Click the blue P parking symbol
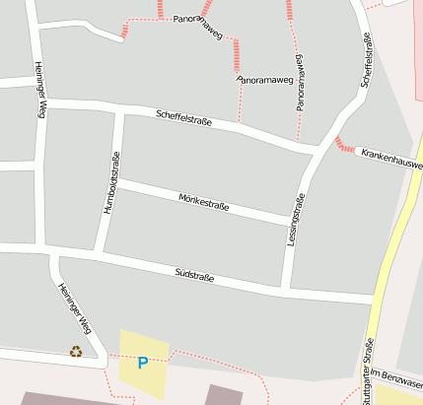[x=142, y=363]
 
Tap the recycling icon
[x=76, y=351]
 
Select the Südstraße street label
[x=194, y=272]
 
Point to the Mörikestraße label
[x=204, y=202]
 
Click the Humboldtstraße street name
[x=111, y=183]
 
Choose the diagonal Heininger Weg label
[x=75, y=308]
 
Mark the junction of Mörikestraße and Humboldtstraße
[x=116, y=182]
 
